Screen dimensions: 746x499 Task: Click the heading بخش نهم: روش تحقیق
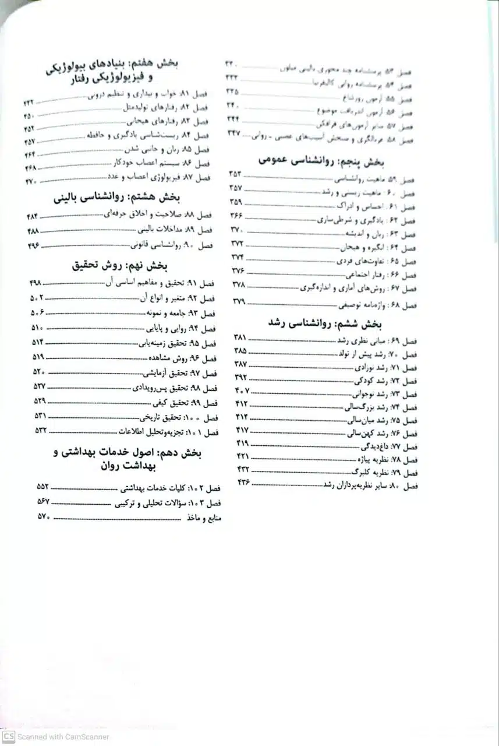pos(120,266)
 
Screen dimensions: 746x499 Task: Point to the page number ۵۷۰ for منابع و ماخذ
pos(44,516)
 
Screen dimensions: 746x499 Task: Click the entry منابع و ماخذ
pos(203,518)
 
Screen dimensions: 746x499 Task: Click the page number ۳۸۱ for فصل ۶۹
pos(240,337)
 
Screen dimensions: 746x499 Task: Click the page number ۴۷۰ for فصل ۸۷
pos(30,181)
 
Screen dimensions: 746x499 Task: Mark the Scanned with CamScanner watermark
pos(55,737)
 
